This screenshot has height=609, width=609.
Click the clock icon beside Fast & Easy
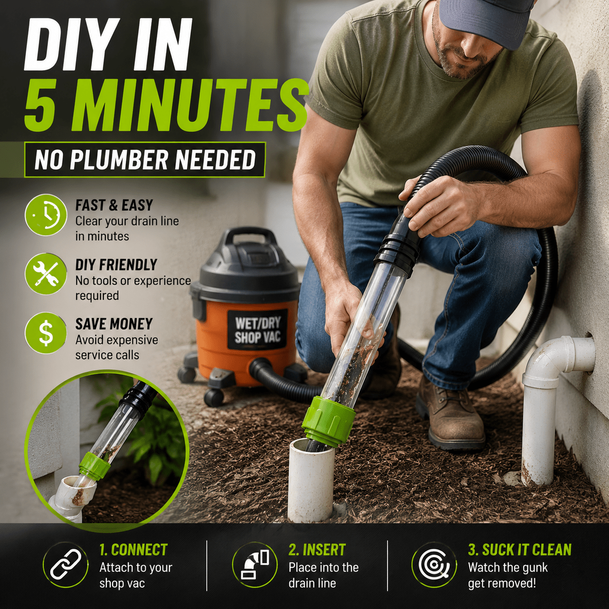pos(46,215)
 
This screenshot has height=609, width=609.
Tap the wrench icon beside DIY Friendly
pos(46,274)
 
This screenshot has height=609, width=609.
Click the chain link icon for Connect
pos(66,565)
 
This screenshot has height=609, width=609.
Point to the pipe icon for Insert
pos(254,565)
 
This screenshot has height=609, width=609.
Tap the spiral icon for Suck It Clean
pos(434,565)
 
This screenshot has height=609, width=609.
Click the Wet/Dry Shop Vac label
pos(257,330)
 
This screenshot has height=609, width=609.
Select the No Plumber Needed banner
pos(145,160)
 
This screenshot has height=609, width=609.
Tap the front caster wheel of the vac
pos(214,397)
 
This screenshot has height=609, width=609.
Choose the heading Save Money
pos(114,324)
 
